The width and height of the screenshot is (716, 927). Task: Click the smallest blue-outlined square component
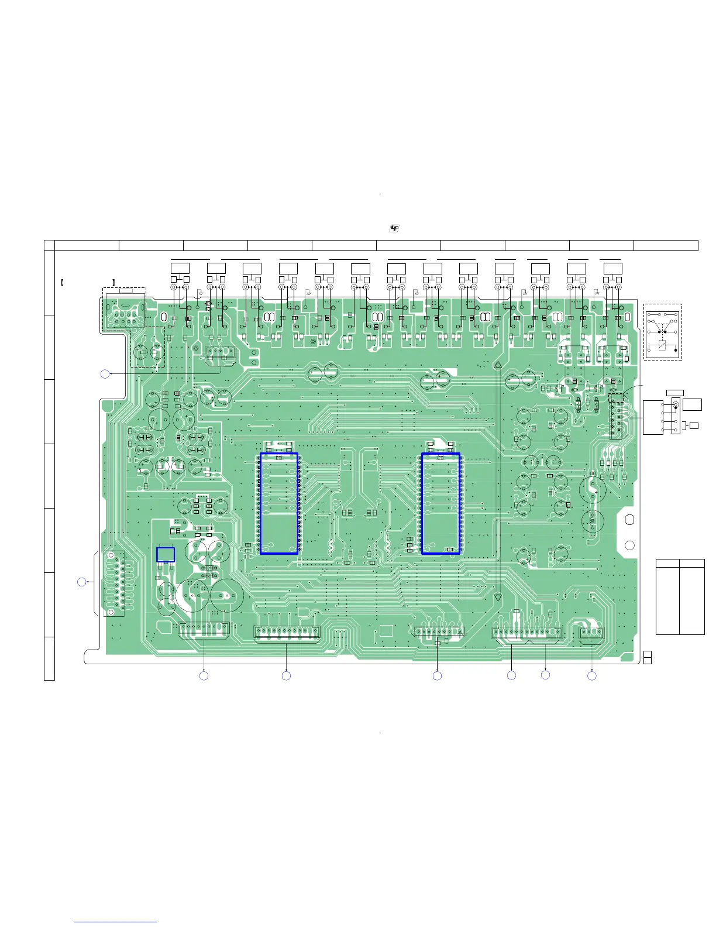tap(166, 555)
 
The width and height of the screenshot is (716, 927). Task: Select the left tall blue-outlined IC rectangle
tap(279, 503)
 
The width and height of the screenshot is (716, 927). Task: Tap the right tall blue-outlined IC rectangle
tap(440, 503)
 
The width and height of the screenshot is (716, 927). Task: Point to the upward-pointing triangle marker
tap(498, 365)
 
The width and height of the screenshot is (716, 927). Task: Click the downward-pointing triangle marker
tap(498, 598)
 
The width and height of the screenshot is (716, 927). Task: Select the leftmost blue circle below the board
tap(204, 676)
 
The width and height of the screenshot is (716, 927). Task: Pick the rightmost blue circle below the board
tap(592, 676)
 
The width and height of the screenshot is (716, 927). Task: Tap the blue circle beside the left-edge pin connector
tap(82, 582)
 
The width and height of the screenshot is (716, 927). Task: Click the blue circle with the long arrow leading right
tap(105, 373)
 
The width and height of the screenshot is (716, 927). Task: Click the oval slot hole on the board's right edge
tap(629, 519)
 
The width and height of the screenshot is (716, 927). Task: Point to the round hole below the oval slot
tap(629, 545)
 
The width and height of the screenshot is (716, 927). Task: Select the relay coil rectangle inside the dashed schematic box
tap(662, 345)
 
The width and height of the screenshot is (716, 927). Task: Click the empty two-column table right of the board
tap(680, 596)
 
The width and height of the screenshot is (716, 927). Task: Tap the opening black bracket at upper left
tap(62, 283)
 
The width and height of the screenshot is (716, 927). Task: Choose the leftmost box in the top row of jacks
tap(180, 269)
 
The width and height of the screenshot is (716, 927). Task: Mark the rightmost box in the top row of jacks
tap(612, 269)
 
